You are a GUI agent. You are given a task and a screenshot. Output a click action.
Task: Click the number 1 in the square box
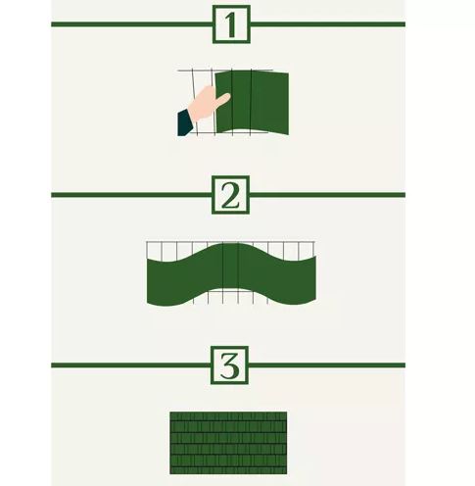(x=230, y=24)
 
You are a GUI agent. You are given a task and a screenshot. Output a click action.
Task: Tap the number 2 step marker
(x=230, y=194)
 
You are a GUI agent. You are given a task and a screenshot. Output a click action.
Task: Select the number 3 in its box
(x=230, y=365)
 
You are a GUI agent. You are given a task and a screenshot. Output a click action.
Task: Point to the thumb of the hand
(x=221, y=99)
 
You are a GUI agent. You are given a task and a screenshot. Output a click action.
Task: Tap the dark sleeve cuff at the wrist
(x=184, y=122)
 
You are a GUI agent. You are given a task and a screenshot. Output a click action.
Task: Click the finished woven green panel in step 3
(x=228, y=439)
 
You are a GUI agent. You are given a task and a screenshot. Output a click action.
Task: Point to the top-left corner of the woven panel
(x=171, y=413)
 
